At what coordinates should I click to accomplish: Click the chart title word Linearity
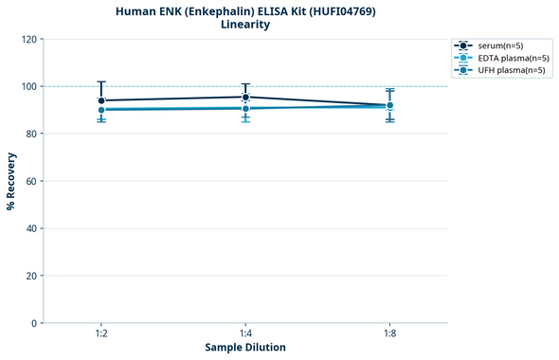(x=244, y=25)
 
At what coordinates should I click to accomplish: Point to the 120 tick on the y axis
(x=29, y=39)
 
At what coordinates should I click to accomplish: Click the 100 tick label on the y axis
(x=29, y=86)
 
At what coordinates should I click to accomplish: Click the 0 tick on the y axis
(x=34, y=323)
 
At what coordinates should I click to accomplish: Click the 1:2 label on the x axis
(x=101, y=333)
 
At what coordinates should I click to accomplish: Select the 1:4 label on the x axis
(x=245, y=333)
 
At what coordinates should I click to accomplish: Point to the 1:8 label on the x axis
(x=389, y=333)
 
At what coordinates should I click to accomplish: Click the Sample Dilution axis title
(x=245, y=348)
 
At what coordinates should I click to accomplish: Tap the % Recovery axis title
(x=11, y=180)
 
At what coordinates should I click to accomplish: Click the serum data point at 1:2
(x=101, y=100)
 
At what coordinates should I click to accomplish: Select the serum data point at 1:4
(x=245, y=97)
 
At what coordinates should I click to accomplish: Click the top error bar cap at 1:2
(x=101, y=81)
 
